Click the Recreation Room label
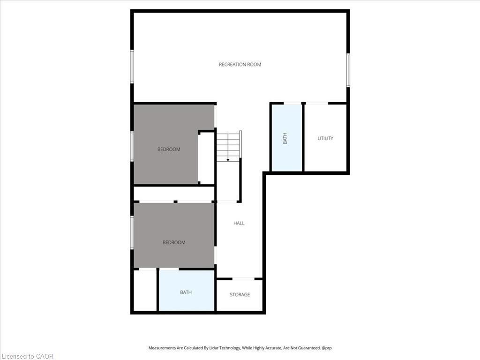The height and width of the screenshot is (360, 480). coord(240,64)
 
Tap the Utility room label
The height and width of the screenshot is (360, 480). coord(325,138)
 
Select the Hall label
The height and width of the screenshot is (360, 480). coord(239,223)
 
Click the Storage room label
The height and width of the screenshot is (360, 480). coord(240,294)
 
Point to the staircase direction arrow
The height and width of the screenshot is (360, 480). coord(228,159)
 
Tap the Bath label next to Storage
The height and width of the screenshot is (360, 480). coord(186,292)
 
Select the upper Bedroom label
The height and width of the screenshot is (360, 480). coord(169,149)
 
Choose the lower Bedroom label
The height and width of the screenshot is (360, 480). coord(174,242)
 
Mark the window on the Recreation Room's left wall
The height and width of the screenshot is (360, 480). coord(132,67)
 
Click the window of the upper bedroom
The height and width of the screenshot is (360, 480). coord(132,146)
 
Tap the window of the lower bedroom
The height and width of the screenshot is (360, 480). coord(132,232)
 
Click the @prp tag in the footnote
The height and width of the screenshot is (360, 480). coord(327,348)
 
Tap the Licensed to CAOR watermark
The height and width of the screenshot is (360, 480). coord(27,356)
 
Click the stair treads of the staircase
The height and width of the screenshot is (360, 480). coord(228,143)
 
